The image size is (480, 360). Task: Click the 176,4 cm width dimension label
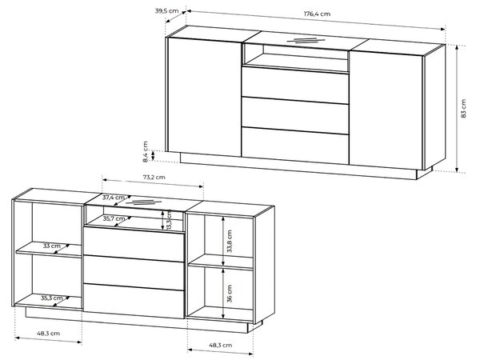tap(317, 14)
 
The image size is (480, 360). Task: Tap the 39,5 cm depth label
tap(166, 11)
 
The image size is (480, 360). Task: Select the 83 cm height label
tap(463, 108)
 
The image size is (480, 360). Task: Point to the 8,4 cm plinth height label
tap(145, 151)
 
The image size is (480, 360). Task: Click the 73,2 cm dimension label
tap(154, 177)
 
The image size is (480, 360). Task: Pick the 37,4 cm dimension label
tap(114, 198)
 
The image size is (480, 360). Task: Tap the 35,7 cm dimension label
tap(114, 218)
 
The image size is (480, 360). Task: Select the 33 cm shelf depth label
tap(52, 246)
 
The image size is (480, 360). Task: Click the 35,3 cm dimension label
tap(52, 298)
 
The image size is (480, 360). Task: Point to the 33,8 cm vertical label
tap(230, 242)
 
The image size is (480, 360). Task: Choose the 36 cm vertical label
tap(230, 294)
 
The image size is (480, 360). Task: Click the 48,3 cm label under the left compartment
tap(48, 334)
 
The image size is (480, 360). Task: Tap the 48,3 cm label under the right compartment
tap(221, 345)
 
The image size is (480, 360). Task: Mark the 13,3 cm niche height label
tap(169, 220)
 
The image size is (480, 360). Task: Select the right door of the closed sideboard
tap(386, 110)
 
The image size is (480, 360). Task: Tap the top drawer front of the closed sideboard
tap(295, 85)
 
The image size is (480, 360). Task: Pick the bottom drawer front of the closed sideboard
tap(295, 146)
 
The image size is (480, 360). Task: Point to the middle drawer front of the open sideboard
tap(134, 273)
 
